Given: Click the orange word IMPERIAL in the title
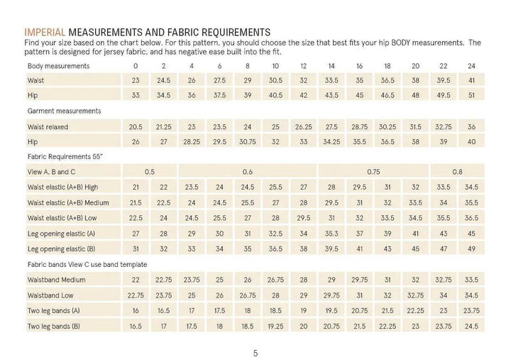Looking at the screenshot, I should [x=45, y=32].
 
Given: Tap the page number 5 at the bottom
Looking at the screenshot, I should [x=255, y=352].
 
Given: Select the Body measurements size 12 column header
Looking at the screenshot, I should [x=303, y=66].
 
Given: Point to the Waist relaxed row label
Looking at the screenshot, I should [x=50, y=126].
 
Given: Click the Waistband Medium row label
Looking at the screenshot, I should [x=57, y=280].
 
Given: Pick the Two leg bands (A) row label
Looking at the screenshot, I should [x=54, y=310].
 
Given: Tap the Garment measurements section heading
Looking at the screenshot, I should [x=65, y=111].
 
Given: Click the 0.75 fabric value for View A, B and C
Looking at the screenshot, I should [x=373, y=172].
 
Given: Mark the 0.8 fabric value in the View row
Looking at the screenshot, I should [x=457, y=172].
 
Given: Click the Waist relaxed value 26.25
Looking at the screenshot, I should [x=303, y=126].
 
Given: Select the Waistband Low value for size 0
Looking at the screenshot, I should [x=136, y=295].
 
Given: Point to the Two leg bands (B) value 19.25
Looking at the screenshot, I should [x=275, y=326].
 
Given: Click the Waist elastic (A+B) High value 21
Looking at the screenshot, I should [x=136, y=187].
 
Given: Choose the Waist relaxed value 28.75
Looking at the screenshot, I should [x=359, y=126].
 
